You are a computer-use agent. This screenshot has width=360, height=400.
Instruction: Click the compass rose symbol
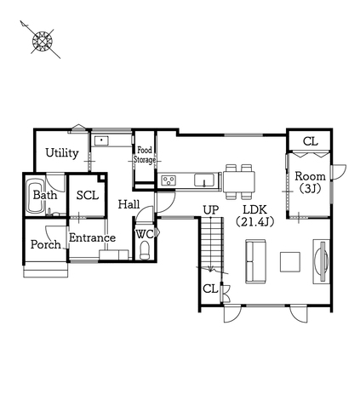tap(43, 41)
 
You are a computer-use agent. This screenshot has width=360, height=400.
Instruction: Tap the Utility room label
tap(62, 153)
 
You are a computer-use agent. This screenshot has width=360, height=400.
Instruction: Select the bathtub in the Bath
tap(36, 196)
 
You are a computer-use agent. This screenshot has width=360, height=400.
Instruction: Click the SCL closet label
tap(88, 196)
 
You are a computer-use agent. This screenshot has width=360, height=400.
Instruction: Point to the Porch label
tap(46, 244)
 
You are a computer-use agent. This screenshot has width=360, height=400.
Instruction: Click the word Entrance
tap(92, 237)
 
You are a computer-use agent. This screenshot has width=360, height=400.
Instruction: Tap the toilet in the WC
tap(145, 250)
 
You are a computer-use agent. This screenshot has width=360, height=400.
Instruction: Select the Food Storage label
tap(145, 155)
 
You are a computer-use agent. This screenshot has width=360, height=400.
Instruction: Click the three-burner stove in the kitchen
tap(169, 180)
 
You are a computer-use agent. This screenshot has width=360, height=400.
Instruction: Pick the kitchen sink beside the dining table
tap(204, 180)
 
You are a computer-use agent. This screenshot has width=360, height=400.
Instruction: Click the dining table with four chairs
tap(239, 182)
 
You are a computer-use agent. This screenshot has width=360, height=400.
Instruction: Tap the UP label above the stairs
tap(211, 210)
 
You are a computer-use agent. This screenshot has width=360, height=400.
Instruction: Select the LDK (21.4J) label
tap(254, 215)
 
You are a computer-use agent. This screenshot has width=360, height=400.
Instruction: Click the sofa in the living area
tap(256, 261)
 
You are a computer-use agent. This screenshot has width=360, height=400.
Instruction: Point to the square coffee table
tap(290, 262)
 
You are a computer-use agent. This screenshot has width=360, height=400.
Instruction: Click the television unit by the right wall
tap(322, 261)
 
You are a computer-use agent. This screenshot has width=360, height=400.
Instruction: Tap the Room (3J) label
tap(310, 182)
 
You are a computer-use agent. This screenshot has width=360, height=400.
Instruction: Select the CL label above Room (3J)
tap(311, 141)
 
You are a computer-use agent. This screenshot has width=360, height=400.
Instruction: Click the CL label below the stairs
tap(210, 289)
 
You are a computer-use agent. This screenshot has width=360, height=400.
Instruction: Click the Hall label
tap(129, 204)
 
